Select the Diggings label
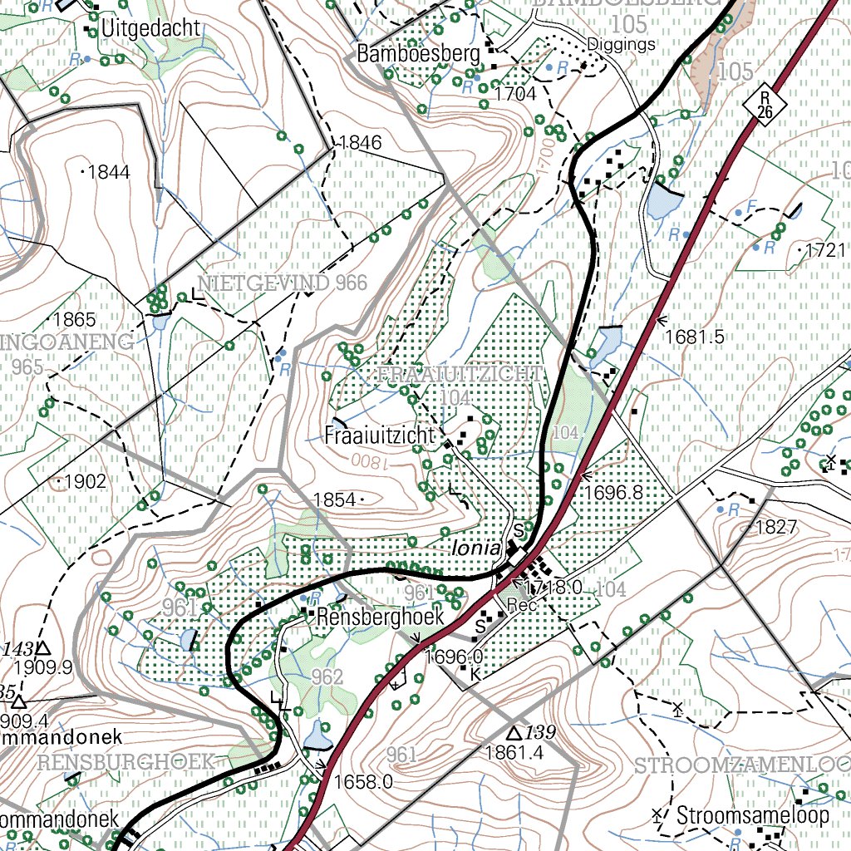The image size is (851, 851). tap(621, 44)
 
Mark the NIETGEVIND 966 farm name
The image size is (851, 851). tap(282, 283)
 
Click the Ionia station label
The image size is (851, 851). tap(476, 549)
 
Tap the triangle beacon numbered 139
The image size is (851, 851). tap(514, 733)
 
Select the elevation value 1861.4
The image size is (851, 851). tap(513, 753)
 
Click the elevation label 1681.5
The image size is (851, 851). tap(695, 337)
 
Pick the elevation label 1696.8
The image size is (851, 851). tap(614, 493)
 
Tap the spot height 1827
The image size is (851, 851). tap(776, 527)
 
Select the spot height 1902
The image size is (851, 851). tap(85, 481)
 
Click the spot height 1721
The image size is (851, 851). tap(825, 249)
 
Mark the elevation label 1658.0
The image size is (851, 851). tap(362, 782)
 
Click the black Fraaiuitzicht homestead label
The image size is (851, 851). tap(380, 435)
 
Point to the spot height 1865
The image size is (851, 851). tap(74, 319)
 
